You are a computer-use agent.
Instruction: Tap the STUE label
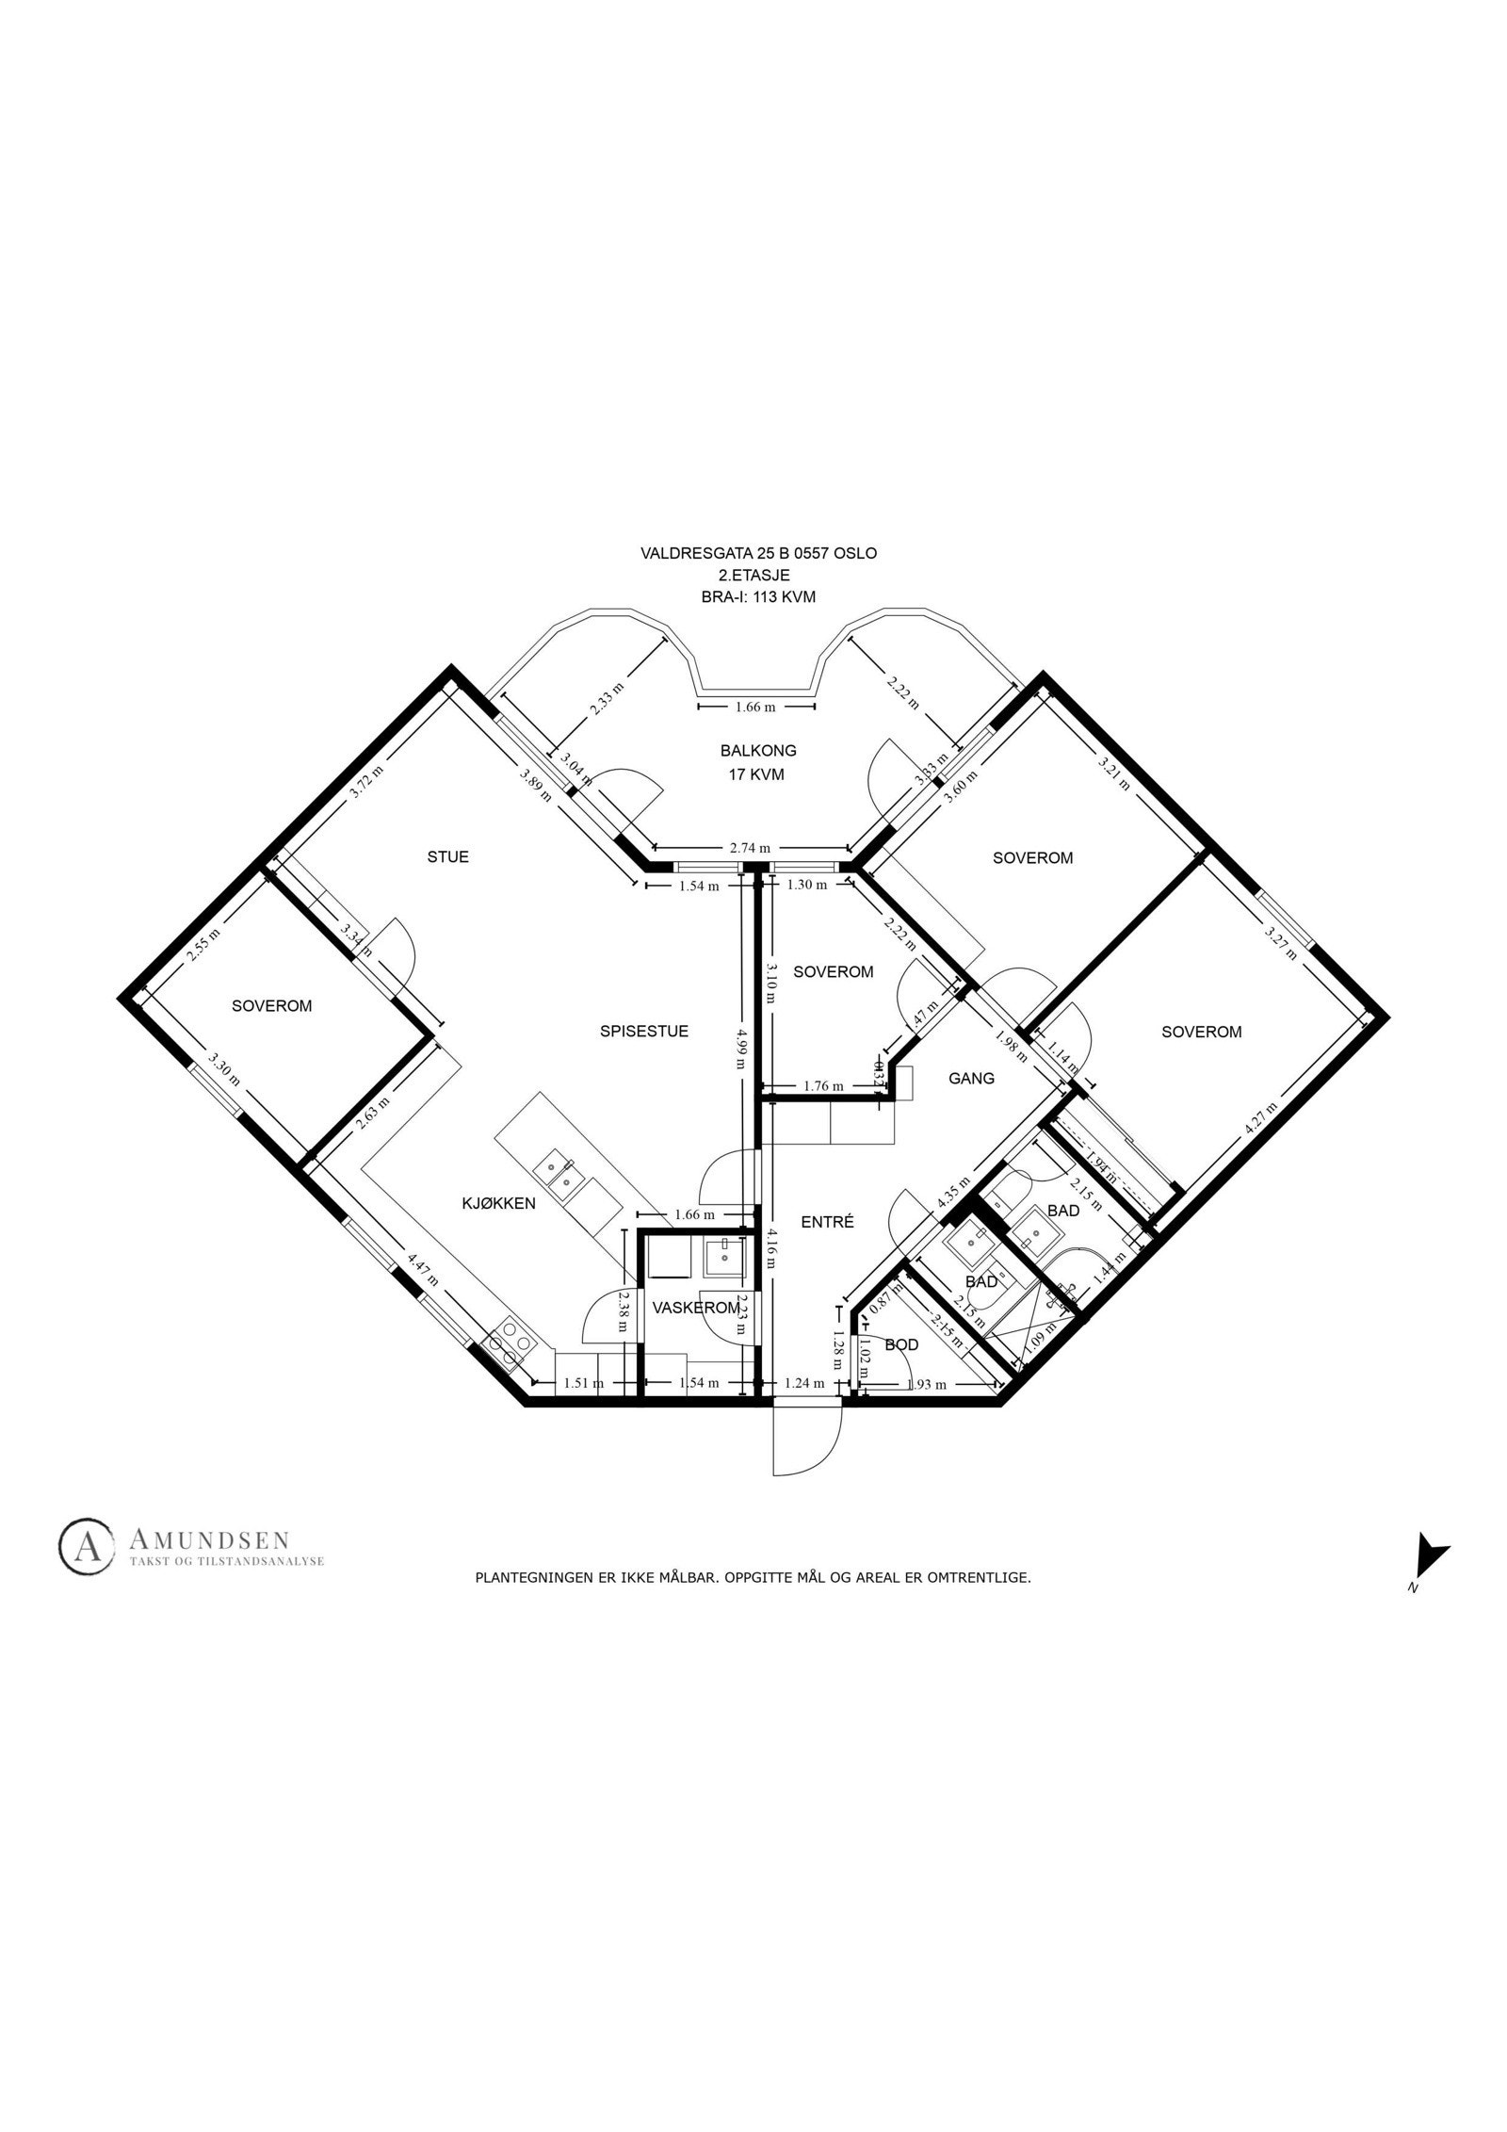(448, 856)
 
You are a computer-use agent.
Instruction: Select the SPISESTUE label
(644, 1031)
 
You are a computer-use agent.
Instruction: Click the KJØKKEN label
(498, 1203)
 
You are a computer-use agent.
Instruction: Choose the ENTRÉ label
(827, 1222)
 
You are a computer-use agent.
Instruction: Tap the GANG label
(971, 1079)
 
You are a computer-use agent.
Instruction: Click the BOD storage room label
(901, 1344)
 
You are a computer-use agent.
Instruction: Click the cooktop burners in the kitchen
(509, 1343)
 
